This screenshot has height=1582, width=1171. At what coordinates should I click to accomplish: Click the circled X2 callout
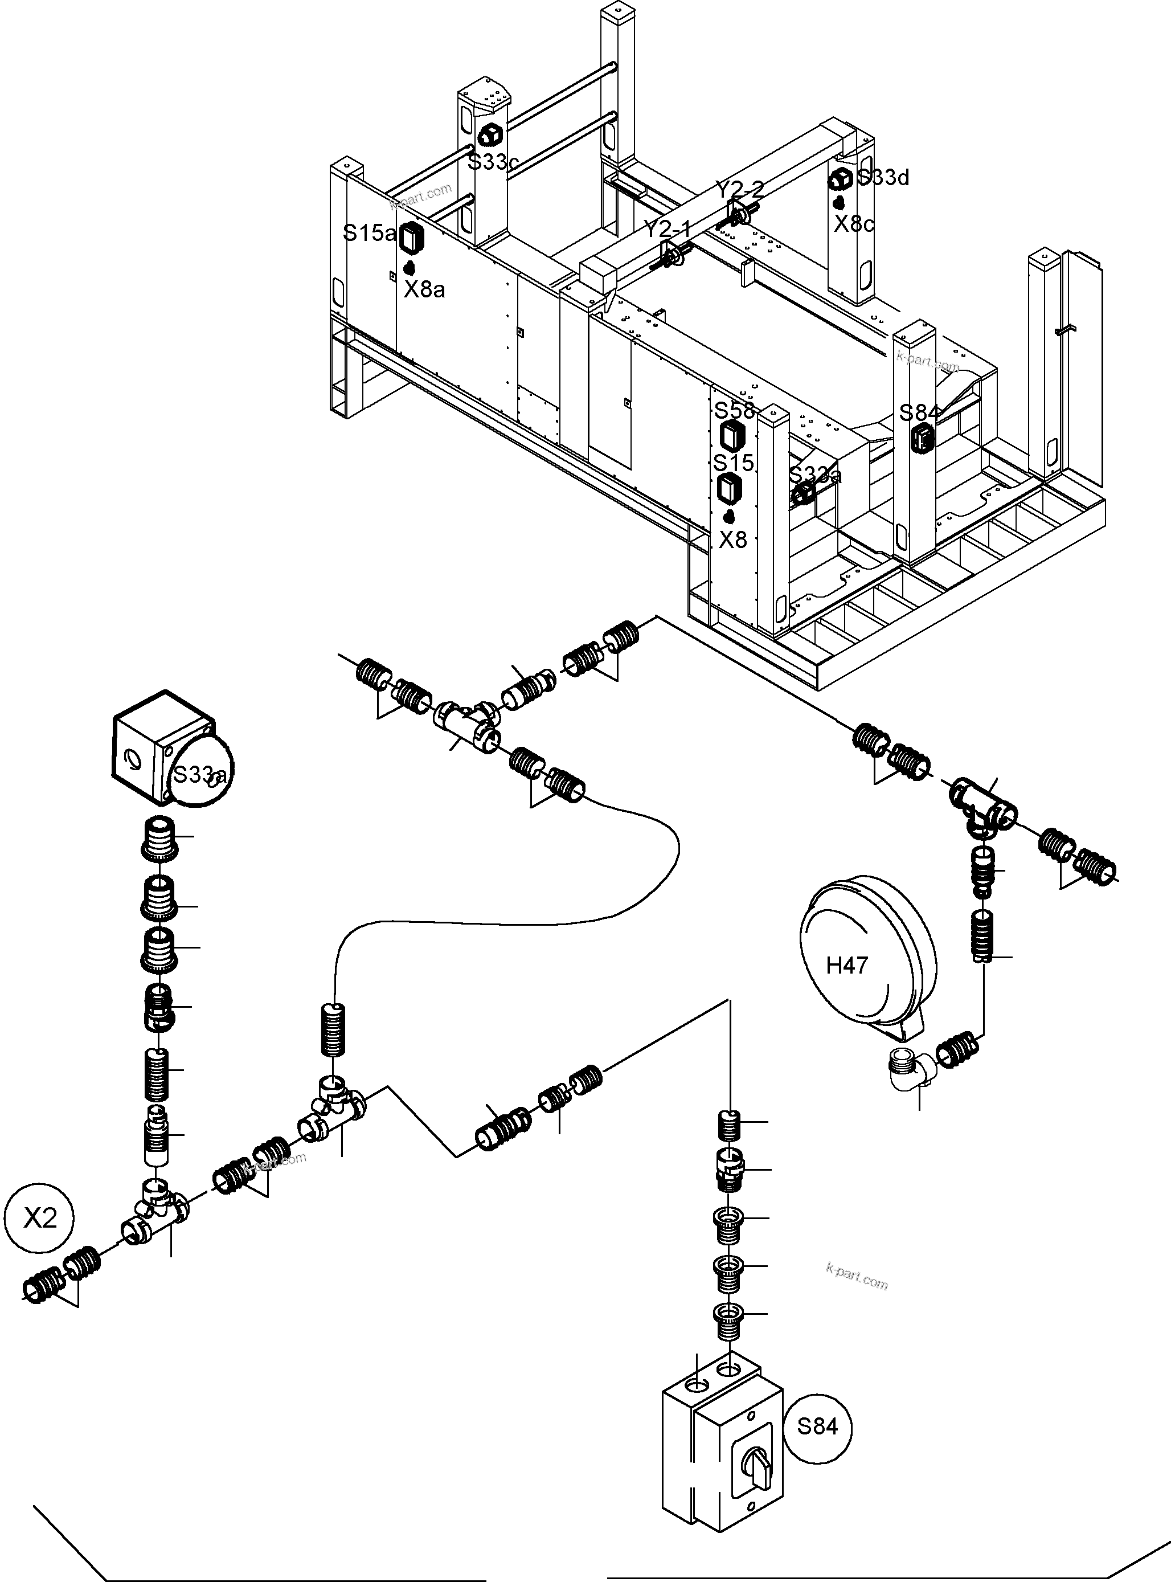pyautogui.click(x=40, y=1217)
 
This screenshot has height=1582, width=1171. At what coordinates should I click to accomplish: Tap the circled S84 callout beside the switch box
pyautogui.click(x=817, y=1426)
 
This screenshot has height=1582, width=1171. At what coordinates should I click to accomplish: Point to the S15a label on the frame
pyautogui.click(x=369, y=232)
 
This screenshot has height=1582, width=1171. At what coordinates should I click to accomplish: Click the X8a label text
pyautogui.click(x=424, y=289)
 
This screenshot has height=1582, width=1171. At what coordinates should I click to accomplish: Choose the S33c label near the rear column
pyautogui.click(x=492, y=162)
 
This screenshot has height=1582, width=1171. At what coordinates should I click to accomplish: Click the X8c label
pyautogui.click(x=853, y=224)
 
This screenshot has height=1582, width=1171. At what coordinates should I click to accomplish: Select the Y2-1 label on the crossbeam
pyautogui.click(x=666, y=229)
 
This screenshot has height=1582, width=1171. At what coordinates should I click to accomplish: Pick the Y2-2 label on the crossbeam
pyautogui.click(x=739, y=189)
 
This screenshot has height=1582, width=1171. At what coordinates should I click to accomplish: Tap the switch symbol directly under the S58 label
pyautogui.click(x=730, y=435)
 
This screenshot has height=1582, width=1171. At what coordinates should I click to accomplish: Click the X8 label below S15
pyautogui.click(x=732, y=540)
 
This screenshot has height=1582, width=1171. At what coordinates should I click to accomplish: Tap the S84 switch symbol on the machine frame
pyautogui.click(x=922, y=438)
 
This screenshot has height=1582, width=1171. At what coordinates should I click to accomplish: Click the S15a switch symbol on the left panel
pyautogui.click(x=411, y=238)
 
